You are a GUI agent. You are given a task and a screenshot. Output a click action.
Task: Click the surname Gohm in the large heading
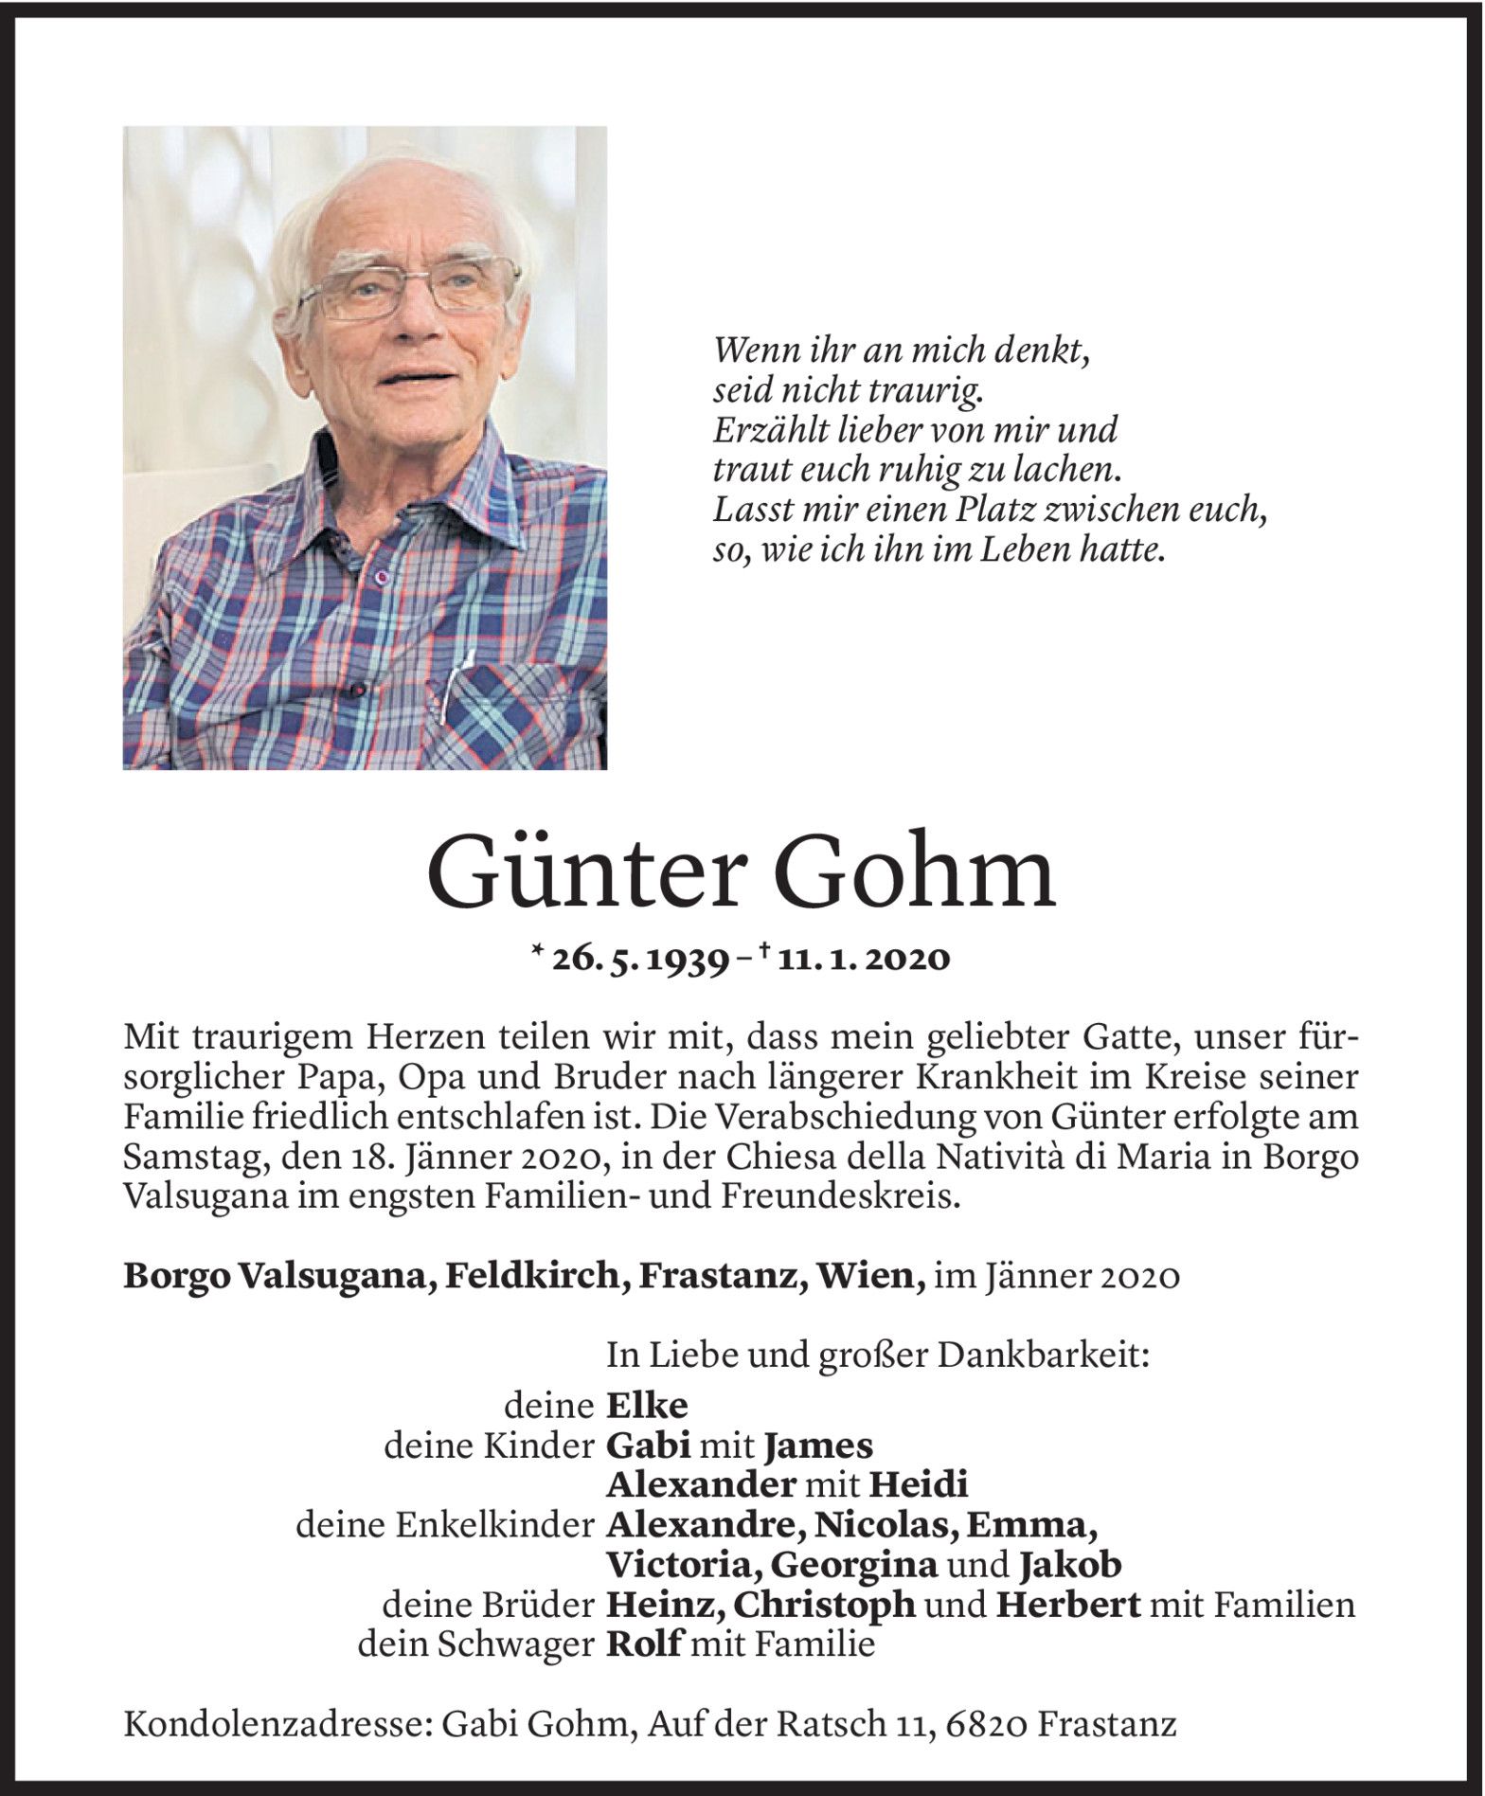pyautogui.click(x=914, y=874)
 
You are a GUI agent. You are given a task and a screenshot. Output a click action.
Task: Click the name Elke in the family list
pyautogui.click(x=647, y=1405)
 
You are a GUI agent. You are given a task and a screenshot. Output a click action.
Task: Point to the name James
pyautogui.click(x=818, y=1446)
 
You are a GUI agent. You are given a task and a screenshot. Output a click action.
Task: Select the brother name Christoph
pyautogui.click(x=825, y=1605)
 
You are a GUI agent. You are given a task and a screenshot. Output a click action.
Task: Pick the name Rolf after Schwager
pyautogui.click(x=643, y=1644)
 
